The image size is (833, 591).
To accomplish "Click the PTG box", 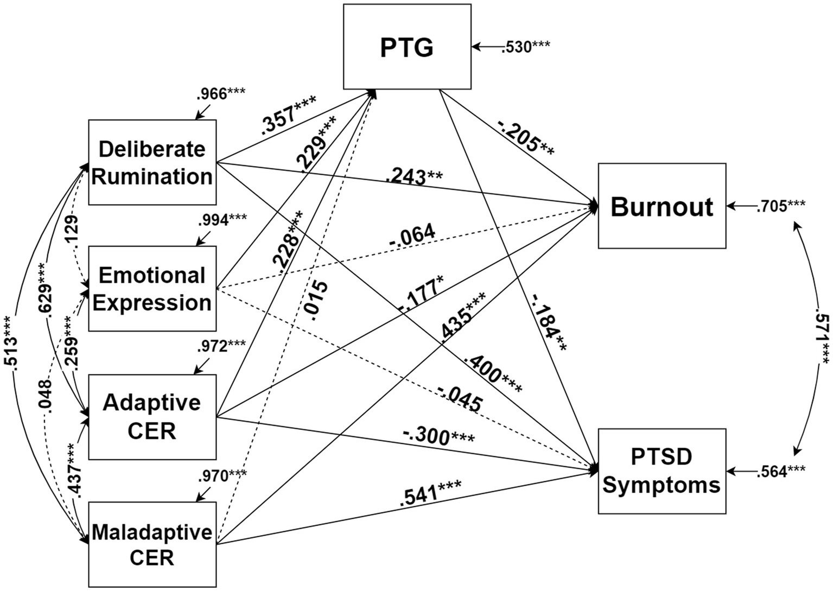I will click(407, 47).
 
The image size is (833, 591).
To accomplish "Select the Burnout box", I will click(662, 206).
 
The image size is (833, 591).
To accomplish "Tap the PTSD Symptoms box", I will click(662, 471).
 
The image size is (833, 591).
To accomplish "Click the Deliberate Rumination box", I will click(152, 162).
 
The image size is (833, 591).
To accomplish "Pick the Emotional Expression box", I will click(152, 289).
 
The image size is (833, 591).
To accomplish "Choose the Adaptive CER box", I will click(152, 417).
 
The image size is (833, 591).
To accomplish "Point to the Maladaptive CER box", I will click(152, 544).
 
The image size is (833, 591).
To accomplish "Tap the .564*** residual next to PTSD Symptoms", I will click(781, 472).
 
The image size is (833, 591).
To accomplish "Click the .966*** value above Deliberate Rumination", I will click(221, 94).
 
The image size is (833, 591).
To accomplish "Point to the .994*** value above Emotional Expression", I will click(222, 220).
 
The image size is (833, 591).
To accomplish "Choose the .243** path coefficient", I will click(415, 177).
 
